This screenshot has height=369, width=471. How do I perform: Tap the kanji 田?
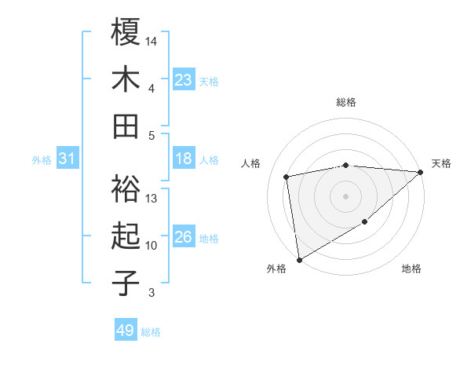pos(126,126)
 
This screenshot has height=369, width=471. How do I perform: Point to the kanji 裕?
pos(126,188)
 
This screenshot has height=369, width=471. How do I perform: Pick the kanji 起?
pos(126,236)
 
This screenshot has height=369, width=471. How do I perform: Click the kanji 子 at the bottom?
pos(126,283)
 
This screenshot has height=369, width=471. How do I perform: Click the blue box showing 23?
pos(184,80)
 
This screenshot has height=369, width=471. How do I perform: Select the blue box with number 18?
pos(184,159)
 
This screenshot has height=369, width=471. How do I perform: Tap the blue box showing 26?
pos(184,238)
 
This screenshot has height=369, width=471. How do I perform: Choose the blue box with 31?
pos(67,159)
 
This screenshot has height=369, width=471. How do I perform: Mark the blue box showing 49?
pos(126,331)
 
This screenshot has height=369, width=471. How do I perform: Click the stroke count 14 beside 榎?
pos(152,40)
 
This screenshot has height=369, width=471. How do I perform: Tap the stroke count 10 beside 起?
pos(152,246)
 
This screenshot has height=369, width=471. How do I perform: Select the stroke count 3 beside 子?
pos(152,293)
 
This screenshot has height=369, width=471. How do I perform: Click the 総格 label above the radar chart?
pos(346,102)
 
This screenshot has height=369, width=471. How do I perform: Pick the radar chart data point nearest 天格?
pos(421,173)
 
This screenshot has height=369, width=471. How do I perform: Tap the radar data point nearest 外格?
pos(299,260)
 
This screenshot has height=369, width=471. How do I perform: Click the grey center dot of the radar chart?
pos(346,195)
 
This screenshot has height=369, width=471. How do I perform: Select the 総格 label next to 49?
pos(151,332)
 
